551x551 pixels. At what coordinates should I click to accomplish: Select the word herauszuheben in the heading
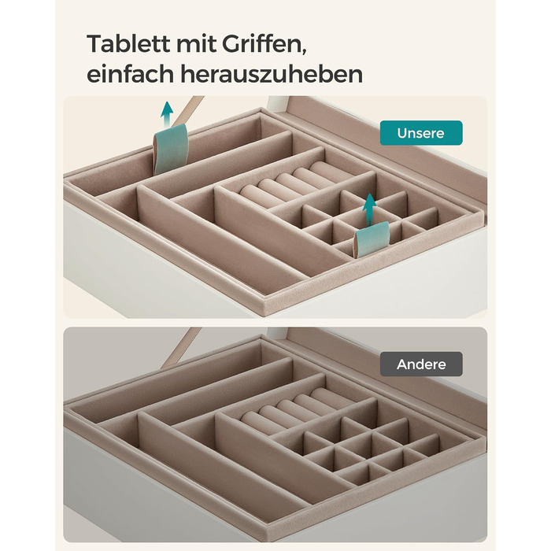(272, 74)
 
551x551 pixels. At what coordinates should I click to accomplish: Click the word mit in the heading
(196, 43)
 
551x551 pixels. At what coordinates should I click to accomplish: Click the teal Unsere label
(421, 133)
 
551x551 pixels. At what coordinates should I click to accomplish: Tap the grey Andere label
(421, 364)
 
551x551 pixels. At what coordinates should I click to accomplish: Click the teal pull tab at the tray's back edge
(171, 149)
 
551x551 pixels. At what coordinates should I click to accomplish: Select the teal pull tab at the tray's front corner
(372, 238)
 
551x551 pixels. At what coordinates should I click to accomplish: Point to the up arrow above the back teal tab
(167, 113)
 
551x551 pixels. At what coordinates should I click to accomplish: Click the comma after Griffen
(304, 51)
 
